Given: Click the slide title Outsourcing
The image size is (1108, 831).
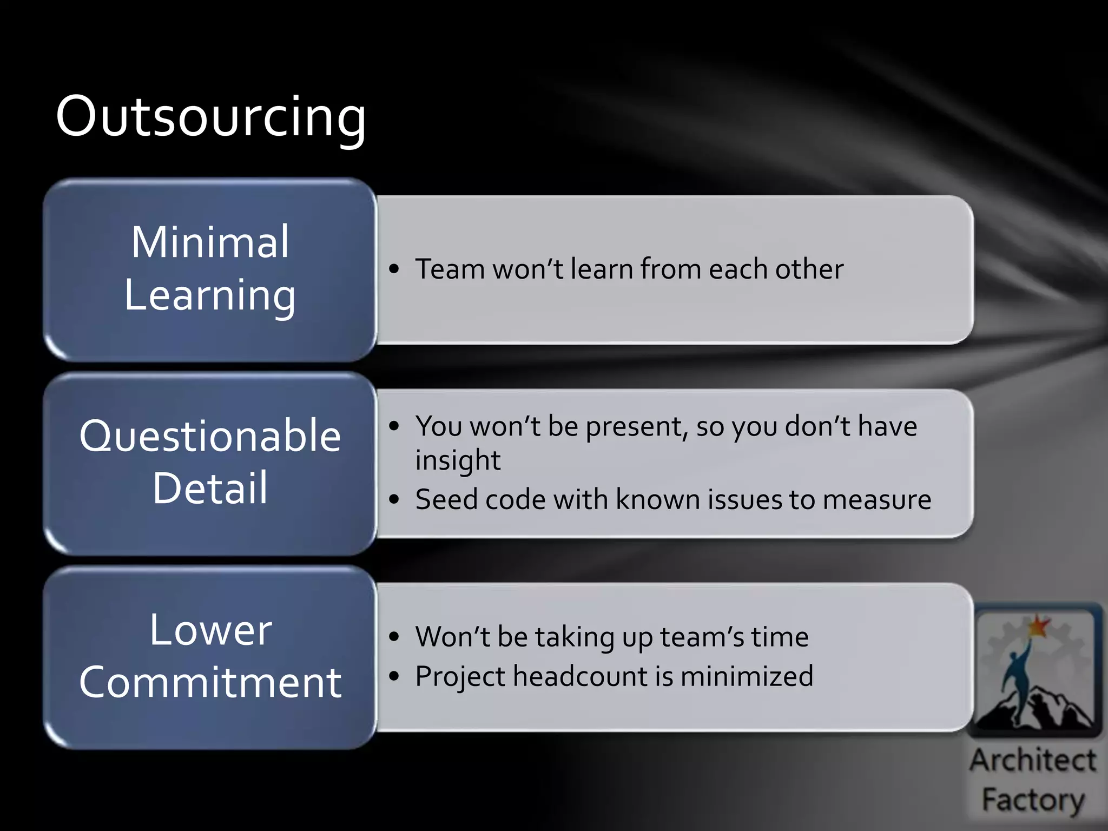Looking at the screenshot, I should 211,116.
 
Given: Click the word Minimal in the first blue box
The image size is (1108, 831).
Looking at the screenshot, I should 210,242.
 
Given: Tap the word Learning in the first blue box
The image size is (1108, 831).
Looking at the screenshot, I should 210,295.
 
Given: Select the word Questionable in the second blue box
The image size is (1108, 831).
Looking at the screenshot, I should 210,436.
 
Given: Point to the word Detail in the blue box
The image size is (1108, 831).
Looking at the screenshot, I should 210,488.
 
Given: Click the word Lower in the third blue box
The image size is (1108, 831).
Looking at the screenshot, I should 210,630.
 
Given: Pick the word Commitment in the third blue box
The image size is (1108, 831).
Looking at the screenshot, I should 210,682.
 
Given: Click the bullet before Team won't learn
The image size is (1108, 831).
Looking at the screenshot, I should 394,268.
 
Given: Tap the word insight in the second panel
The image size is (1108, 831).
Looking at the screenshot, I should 458,460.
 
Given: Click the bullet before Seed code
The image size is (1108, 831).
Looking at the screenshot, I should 394,499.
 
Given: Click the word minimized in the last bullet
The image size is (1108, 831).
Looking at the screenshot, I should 747,676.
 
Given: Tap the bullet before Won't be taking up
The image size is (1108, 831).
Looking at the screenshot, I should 394,637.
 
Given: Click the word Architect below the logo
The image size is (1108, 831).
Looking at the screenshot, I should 1033,760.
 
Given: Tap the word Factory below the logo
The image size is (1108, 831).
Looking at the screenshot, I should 1033,800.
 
